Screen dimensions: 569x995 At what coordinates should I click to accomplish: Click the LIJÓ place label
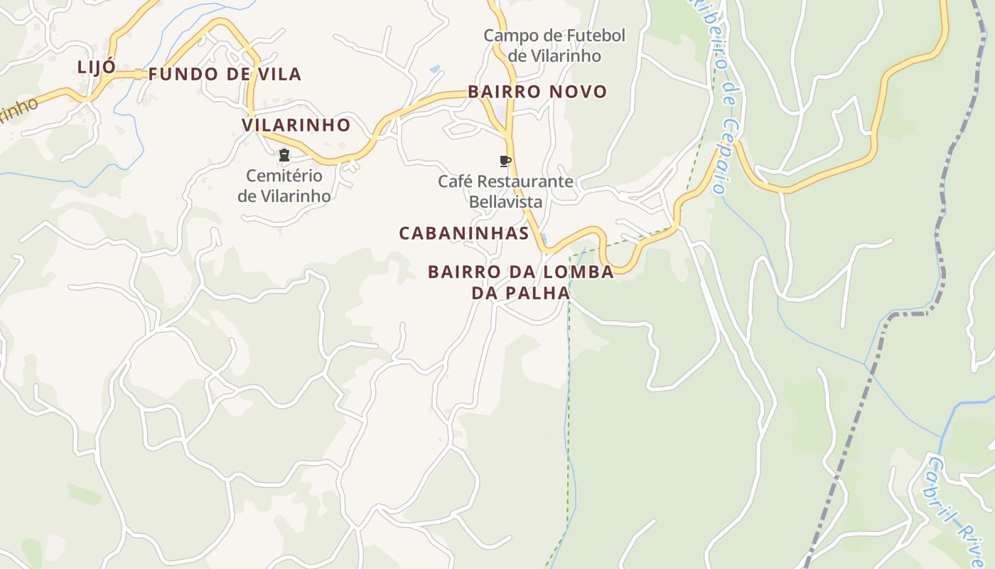pos(97,68)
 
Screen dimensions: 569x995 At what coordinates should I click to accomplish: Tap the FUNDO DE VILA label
pos(225,74)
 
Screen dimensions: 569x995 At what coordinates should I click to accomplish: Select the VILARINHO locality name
pos(296,125)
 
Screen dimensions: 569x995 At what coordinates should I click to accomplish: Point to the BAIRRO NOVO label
pos(537,92)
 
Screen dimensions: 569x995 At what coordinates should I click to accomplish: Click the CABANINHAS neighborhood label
pos(463,233)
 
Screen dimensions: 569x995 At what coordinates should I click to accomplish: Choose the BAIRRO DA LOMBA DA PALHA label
pos(521,282)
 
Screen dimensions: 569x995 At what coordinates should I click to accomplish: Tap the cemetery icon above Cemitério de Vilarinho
pos(284,155)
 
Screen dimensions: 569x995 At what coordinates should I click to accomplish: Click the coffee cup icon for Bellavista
pos(505,161)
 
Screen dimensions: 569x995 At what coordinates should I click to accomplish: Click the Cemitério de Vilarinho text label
pos(284,186)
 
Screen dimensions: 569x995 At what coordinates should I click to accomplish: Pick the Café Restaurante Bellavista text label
pos(505,191)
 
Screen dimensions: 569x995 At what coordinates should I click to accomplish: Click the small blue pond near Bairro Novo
pos(434,69)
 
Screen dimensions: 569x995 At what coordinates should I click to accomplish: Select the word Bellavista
pos(505,202)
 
